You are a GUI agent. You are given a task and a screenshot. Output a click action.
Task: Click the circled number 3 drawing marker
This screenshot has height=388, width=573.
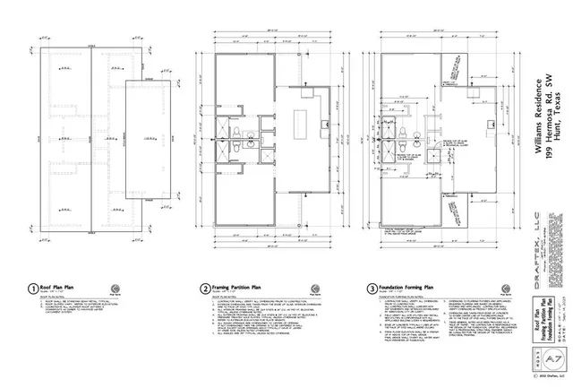(x=372, y=289)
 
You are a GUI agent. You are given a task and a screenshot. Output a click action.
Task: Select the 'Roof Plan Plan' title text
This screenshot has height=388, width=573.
(x=62, y=287)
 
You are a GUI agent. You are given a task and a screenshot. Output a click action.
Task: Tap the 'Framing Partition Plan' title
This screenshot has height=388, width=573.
(x=241, y=287)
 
